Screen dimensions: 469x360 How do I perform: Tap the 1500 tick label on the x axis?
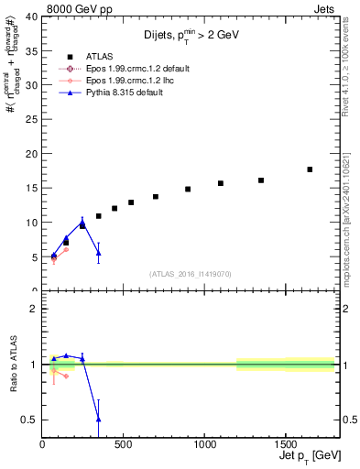click(x=285, y=446)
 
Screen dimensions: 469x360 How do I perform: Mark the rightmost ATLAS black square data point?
click(x=310, y=169)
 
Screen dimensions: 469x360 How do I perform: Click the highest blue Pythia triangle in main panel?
click(x=82, y=222)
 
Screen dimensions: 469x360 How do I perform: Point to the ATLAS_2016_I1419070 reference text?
click(x=191, y=273)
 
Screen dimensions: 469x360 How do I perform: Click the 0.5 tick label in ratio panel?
click(x=30, y=420)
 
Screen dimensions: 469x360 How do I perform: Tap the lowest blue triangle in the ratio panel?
click(x=98, y=419)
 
